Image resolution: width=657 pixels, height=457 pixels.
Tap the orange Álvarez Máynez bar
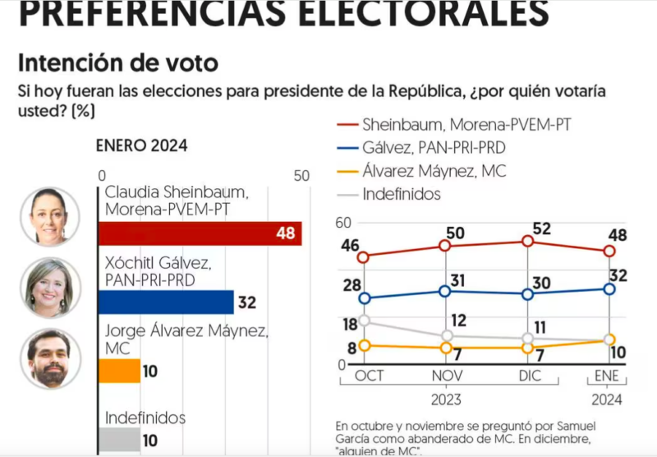click(x=119, y=372)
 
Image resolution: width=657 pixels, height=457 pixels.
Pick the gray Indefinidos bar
click(x=119, y=440)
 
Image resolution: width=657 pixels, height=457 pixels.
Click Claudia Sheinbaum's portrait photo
click(x=49, y=215)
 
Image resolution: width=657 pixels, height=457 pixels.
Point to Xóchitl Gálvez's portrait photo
click(x=49, y=288)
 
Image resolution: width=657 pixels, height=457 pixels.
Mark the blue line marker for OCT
click(x=364, y=298)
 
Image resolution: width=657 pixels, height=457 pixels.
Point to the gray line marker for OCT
click(x=364, y=321)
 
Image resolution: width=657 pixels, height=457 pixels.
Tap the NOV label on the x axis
click(x=446, y=376)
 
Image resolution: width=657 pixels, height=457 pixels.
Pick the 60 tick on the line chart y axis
click(x=342, y=223)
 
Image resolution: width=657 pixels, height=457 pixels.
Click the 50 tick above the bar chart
click(x=301, y=175)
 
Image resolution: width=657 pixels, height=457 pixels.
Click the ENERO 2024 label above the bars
click(x=141, y=146)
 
